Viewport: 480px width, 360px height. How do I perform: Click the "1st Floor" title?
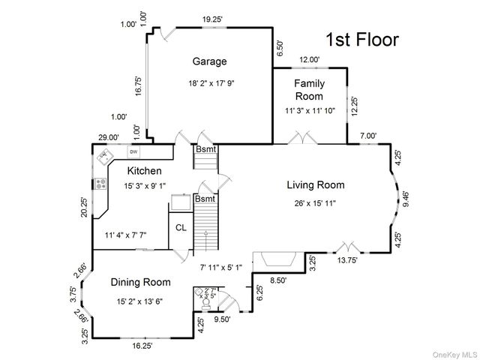pyautogui.click(x=362, y=40)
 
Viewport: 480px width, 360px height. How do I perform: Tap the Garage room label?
pyautogui.click(x=210, y=61)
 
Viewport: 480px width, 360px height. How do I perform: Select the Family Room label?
pyautogui.click(x=309, y=90)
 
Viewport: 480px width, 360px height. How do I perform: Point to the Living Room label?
pyautogui.click(x=316, y=185)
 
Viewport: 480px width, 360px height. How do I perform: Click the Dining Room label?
pyautogui.click(x=140, y=282)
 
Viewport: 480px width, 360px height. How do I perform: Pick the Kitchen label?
pyautogui.click(x=145, y=171)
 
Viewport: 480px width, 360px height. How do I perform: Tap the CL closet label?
pyautogui.click(x=181, y=228)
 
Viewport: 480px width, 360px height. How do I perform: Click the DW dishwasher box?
pyautogui.click(x=133, y=151)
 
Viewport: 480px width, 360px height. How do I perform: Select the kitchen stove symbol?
pyautogui.click(x=100, y=184)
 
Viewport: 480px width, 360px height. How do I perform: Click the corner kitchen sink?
pyautogui.click(x=105, y=157)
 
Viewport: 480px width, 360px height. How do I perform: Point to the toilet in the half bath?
pyautogui.click(x=206, y=304)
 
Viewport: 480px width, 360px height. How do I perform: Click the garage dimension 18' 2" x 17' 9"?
pyautogui.click(x=211, y=83)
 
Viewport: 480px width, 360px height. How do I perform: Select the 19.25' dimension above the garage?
pyautogui.click(x=212, y=19)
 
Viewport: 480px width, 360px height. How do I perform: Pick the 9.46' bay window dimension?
pyautogui.click(x=406, y=199)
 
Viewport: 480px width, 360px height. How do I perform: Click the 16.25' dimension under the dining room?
pyautogui.click(x=142, y=346)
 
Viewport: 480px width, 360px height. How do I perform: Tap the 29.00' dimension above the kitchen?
pyautogui.click(x=109, y=137)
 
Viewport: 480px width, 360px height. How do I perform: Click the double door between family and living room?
pyautogui.click(x=302, y=137)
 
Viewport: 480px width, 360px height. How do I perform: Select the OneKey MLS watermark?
pyautogui.click(x=454, y=355)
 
